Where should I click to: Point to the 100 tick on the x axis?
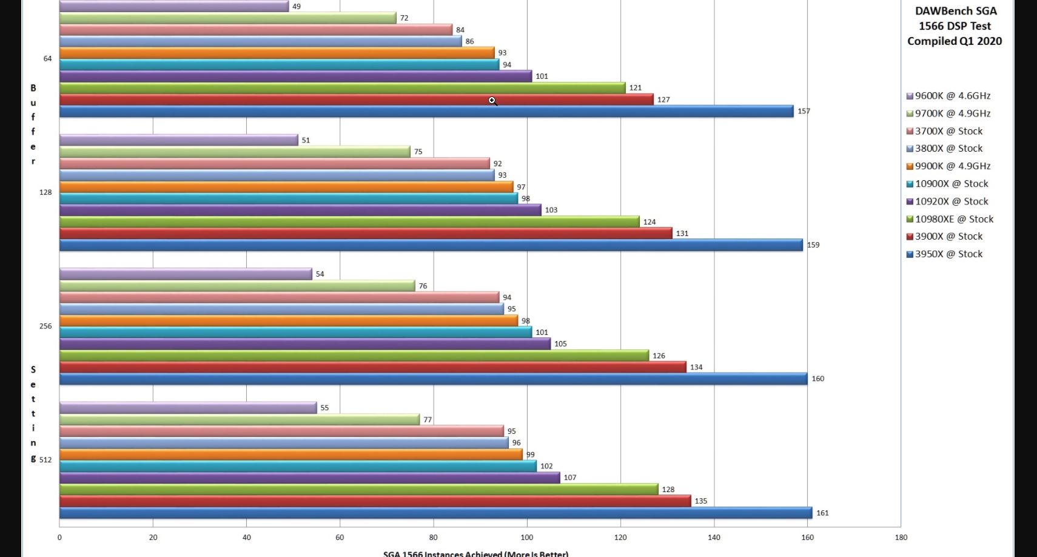(527, 537)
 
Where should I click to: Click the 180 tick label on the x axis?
(901, 537)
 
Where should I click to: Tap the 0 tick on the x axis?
(59, 537)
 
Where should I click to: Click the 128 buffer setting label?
(45, 192)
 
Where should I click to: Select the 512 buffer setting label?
(45, 460)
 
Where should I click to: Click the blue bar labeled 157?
(425, 112)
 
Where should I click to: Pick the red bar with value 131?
(364, 234)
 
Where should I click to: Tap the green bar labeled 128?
(358, 490)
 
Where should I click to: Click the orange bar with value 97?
(285, 187)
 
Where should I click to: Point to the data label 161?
(822, 513)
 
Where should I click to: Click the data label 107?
(570, 478)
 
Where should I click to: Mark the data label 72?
(404, 18)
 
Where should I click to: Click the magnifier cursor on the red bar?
(492, 100)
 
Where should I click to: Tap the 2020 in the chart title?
(989, 41)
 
